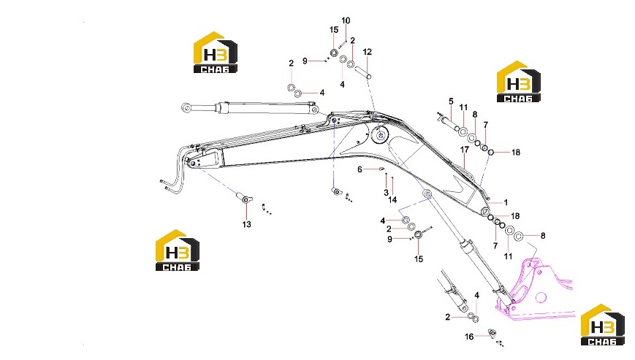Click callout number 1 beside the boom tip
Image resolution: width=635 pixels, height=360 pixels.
[506, 202]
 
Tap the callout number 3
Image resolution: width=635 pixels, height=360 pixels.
[386, 193]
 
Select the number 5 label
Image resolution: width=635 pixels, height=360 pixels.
[451, 101]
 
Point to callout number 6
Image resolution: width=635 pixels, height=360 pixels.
[360, 169]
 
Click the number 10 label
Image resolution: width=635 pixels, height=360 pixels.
[346, 20]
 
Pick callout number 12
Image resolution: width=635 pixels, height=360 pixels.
[367, 52]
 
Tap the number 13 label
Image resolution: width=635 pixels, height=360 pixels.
[247, 224]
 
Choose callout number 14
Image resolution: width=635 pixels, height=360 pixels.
[392, 200]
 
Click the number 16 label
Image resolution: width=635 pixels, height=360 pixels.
[469, 337]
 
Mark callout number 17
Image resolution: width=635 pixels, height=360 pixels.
[465, 150]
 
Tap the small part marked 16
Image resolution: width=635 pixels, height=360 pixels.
[492, 333]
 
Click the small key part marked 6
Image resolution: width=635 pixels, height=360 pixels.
[381, 169]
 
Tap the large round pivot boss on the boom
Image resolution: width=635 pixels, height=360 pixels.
[380, 137]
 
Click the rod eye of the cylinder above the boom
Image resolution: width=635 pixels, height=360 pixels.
[186, 107]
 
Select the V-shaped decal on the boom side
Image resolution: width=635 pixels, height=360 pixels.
[457, 185]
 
